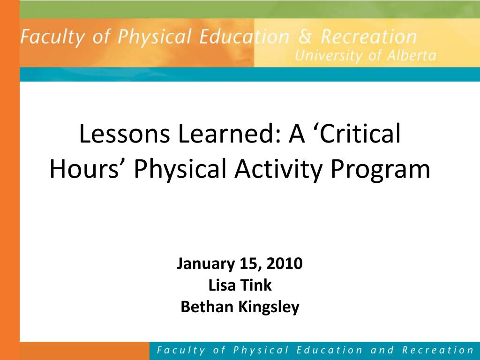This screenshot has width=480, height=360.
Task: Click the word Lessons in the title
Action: click(x=124, y=134)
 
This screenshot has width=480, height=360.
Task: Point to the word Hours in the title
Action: click(x=84, y=168)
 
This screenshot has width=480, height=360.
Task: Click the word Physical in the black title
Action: click(x=180, y=169)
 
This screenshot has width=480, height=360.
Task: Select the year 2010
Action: click(x=285, y=263)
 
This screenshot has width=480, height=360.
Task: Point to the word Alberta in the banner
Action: click(x=412, y=55)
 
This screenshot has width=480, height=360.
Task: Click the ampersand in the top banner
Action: click(x=305, y=37)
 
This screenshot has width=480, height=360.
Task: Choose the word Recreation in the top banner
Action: click(x=368, y=37)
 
